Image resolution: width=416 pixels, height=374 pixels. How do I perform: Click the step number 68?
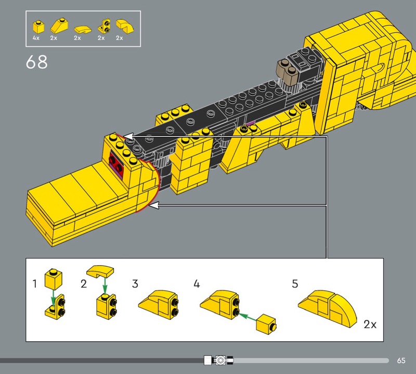click(x=36, y=62)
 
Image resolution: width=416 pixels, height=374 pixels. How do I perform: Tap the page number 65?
click(x=401, y=360)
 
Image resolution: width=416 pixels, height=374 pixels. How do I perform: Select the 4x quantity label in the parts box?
click(x=36, y=38)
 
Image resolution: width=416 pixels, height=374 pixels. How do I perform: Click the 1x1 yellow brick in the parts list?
click(x=38, y=27)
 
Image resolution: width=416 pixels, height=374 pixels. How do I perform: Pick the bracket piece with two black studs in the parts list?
click(x=105, y=27)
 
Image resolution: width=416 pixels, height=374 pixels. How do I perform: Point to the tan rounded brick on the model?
click(x=288, y=71)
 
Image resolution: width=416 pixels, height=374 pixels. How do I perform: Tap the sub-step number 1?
click(x=34, y=283)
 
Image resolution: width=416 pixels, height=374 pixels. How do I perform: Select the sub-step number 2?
click(x=84, y=283)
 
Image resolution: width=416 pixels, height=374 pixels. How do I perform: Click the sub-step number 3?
click(x=135, y=283)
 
